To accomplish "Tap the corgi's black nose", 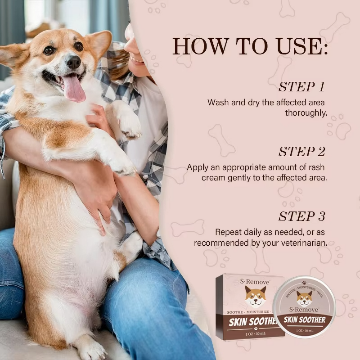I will click(73, 62).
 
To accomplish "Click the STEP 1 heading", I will click(301, 87).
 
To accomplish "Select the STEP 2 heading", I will click(301, 152).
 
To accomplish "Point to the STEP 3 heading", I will click(301, 216).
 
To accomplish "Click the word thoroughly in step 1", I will click(306, 112).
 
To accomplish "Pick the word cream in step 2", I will click(214, 178).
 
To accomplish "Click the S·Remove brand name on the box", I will click(252, 281).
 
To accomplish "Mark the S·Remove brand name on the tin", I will click(305, 310).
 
